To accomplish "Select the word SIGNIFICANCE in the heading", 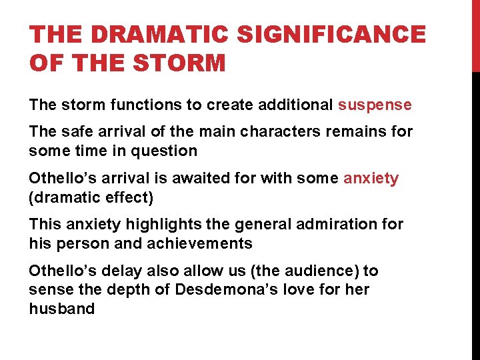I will click(331, 35).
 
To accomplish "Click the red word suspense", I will click(375, 105).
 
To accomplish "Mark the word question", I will click(167, 151).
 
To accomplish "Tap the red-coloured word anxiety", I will click(371, 179).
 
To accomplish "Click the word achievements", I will click(200, 244).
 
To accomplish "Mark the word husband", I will click(62, 309).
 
